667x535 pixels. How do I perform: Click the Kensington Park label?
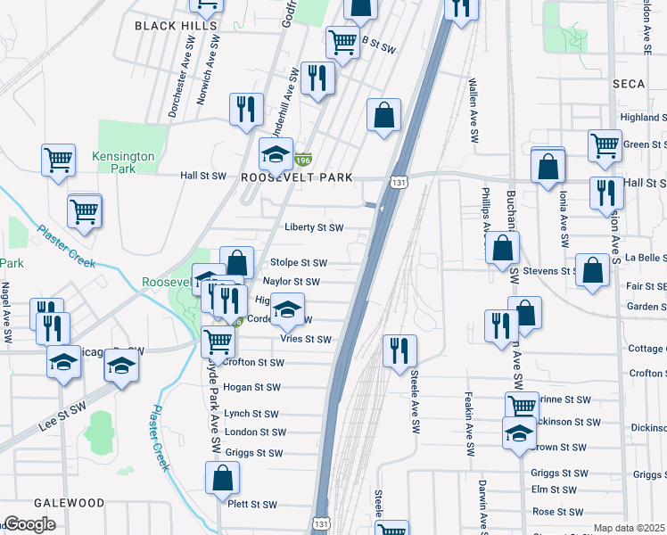[123, 162]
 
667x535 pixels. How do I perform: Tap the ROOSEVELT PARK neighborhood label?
[297, 177]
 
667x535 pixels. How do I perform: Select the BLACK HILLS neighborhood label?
[176, 26]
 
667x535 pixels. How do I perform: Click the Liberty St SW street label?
[313, 227]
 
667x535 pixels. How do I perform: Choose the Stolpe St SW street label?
[298, 263]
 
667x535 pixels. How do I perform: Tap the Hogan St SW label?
[252, 387]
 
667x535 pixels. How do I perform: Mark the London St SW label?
[255, 432]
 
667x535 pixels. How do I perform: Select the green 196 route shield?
[303, 159]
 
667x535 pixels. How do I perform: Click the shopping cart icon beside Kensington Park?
[58, 161]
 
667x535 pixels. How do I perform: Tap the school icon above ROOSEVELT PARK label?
[276, 154]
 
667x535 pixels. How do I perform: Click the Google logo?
[29, 524]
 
